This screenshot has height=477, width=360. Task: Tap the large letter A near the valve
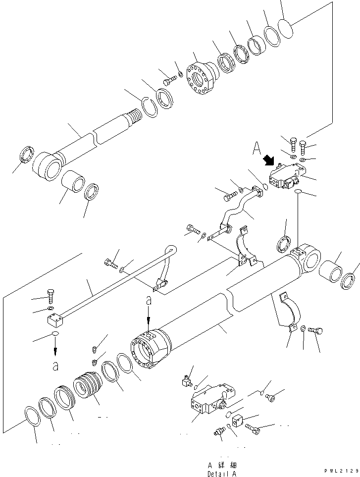(257, 147)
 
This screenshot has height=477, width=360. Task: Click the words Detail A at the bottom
(222, 473)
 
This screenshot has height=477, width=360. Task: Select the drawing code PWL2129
(341, 471)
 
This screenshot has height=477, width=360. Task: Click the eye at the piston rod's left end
(48, 166)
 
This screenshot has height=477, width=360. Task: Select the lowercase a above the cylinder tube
(148, 300)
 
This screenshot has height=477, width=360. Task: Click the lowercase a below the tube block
(55, 366)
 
